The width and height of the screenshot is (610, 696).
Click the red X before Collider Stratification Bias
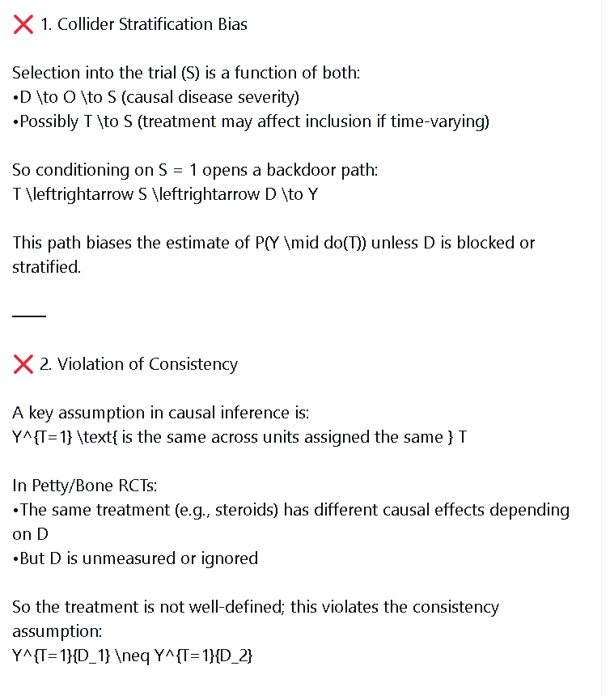23,24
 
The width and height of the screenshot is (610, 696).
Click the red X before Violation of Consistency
23,364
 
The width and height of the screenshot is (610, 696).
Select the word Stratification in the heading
165,24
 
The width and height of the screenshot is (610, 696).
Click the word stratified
46,267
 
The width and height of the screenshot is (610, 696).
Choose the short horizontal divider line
29,315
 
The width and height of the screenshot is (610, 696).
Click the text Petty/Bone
69,486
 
